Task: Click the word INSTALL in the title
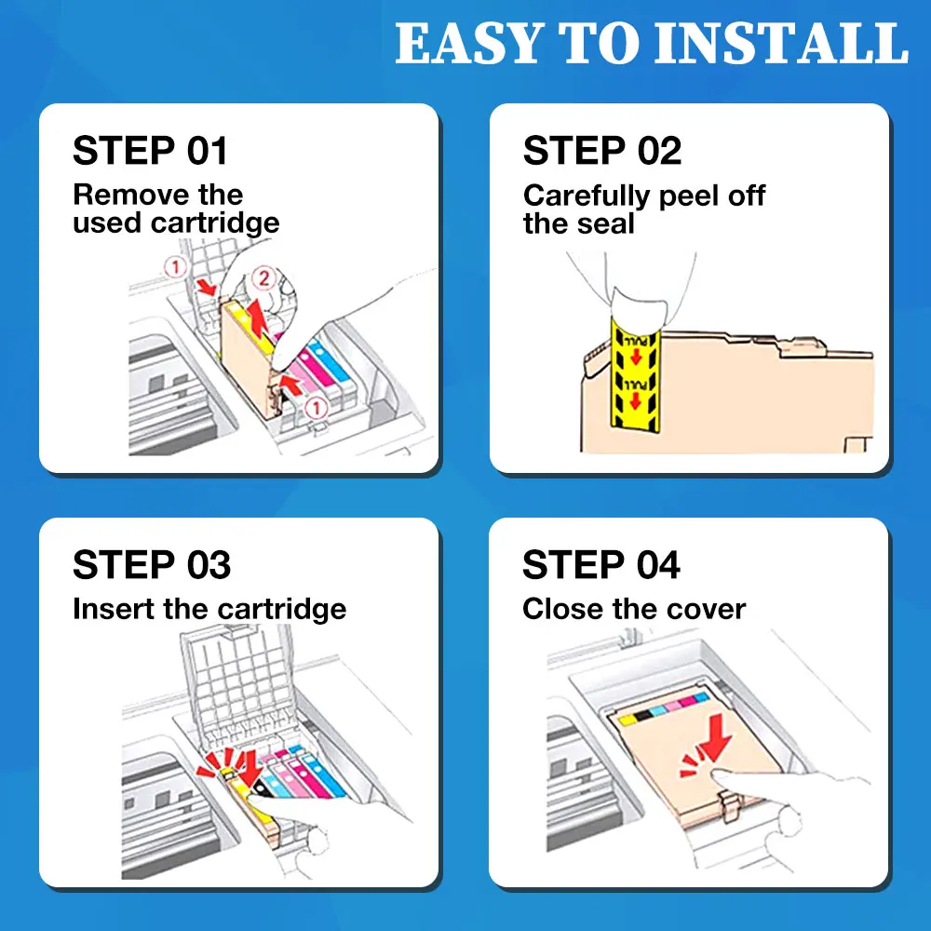point(781,43)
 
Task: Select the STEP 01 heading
point(150,150)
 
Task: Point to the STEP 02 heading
point(602,150)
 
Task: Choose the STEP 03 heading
point(152,564)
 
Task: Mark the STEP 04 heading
point(600,564)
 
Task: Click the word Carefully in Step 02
point(587,196)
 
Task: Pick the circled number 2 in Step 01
point(264,277)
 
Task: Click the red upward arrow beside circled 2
point(256,317)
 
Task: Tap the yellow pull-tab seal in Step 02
point(635,375)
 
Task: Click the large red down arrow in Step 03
point(250,768)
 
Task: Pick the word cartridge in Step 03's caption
point(281,610)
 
